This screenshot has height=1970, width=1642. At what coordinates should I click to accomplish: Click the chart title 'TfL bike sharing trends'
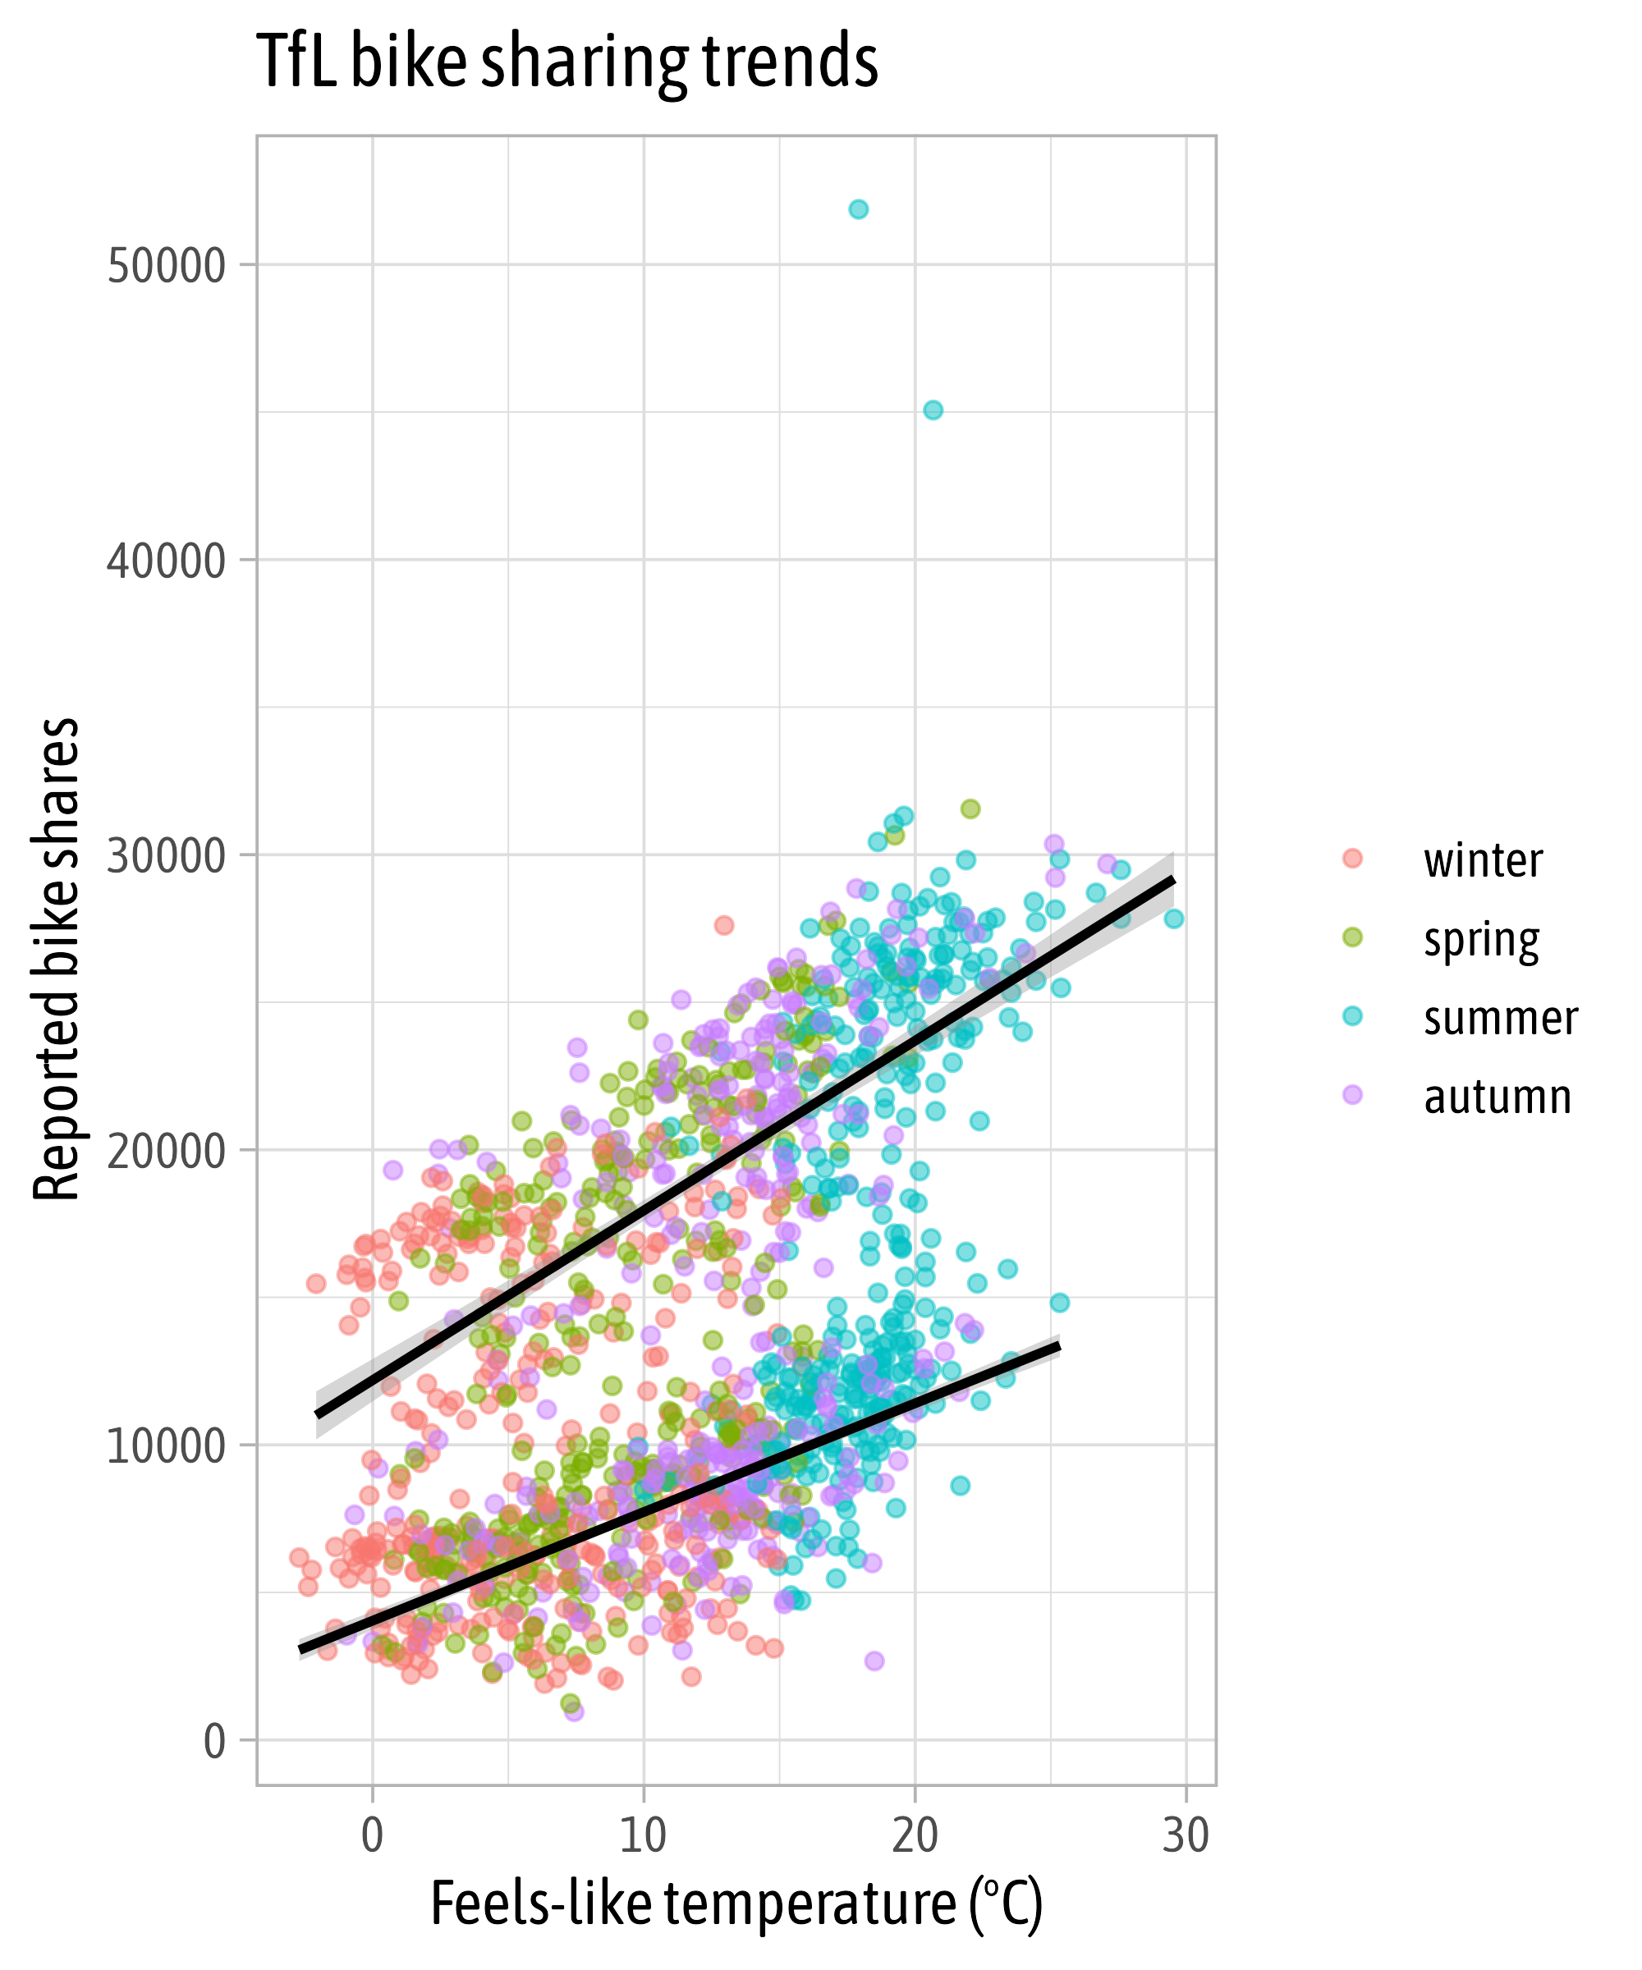[566, 61]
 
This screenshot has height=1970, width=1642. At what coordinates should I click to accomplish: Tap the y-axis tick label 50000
[166, 267]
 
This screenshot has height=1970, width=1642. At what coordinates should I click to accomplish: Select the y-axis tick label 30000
[166, 855]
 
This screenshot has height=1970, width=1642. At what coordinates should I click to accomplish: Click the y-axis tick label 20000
[166, 1151]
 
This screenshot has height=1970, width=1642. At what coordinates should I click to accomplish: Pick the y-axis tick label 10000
[166, 1445]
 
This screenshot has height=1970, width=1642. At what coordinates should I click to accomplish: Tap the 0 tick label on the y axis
[215, 1741]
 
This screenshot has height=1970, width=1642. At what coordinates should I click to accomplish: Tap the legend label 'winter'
[1483, 860]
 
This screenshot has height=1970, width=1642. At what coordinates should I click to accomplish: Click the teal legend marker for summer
[1352, 1017]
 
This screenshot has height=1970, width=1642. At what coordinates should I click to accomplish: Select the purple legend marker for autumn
[1352, 1095]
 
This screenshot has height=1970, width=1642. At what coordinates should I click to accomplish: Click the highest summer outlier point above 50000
[859, 209]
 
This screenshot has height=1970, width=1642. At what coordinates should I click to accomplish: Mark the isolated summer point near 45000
[933, 410]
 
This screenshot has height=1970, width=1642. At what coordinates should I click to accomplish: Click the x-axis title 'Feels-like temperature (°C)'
[736, 1904]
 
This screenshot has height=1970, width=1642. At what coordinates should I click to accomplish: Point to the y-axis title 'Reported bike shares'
[57, 959]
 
